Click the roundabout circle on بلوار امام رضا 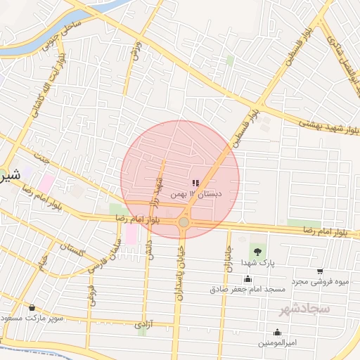point(184,221)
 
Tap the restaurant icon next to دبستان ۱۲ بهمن point(195,183)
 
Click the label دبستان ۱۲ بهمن point(202,193)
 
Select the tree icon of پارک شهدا point(257,251)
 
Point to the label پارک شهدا point(257,262)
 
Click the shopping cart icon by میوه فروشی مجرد point(320,271)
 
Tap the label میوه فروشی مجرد point(321,281)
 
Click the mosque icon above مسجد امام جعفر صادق point(247,278)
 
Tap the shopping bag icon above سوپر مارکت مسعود point(32,307)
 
